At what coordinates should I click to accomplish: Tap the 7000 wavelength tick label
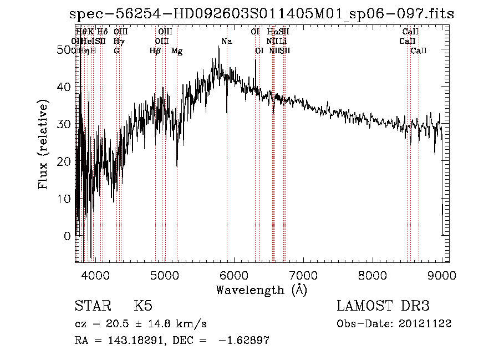[x=303, y=275]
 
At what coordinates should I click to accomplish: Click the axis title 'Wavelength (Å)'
[x=261, y=290]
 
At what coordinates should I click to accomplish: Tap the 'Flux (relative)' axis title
[x=44, y=144]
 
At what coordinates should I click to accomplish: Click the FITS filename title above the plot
[x=258, y=14]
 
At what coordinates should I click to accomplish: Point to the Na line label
[x=226, y=42]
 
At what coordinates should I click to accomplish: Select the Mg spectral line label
[x=177, y=51]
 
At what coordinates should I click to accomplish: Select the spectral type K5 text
[x=143, y=306]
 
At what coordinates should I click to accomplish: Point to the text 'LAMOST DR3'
[x=383, y=306]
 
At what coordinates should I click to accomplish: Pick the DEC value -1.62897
[x=244, y=341]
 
